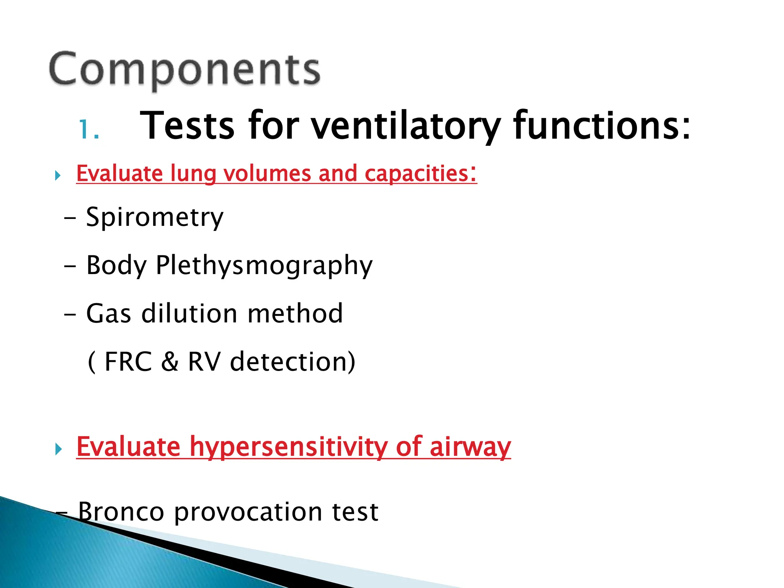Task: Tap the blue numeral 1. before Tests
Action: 89,129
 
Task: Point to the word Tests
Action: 187,126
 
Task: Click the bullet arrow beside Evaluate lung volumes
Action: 58,176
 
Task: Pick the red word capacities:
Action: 420,173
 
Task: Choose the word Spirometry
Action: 155,217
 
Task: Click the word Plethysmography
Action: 264,266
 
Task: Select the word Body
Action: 116,266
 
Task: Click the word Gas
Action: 109,314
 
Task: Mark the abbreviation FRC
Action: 128,361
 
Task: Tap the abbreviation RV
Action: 204,361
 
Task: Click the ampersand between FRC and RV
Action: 170,361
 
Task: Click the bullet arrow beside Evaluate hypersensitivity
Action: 58,449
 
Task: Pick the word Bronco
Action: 121,511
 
